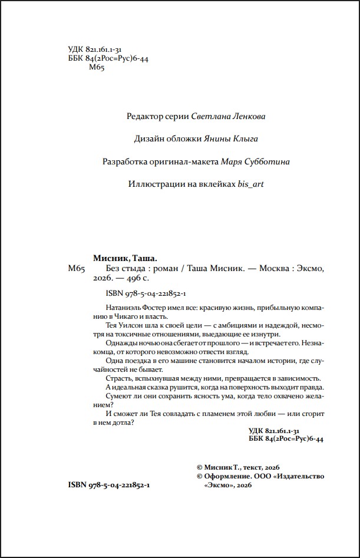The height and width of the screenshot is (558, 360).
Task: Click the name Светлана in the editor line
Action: (210, 116)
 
